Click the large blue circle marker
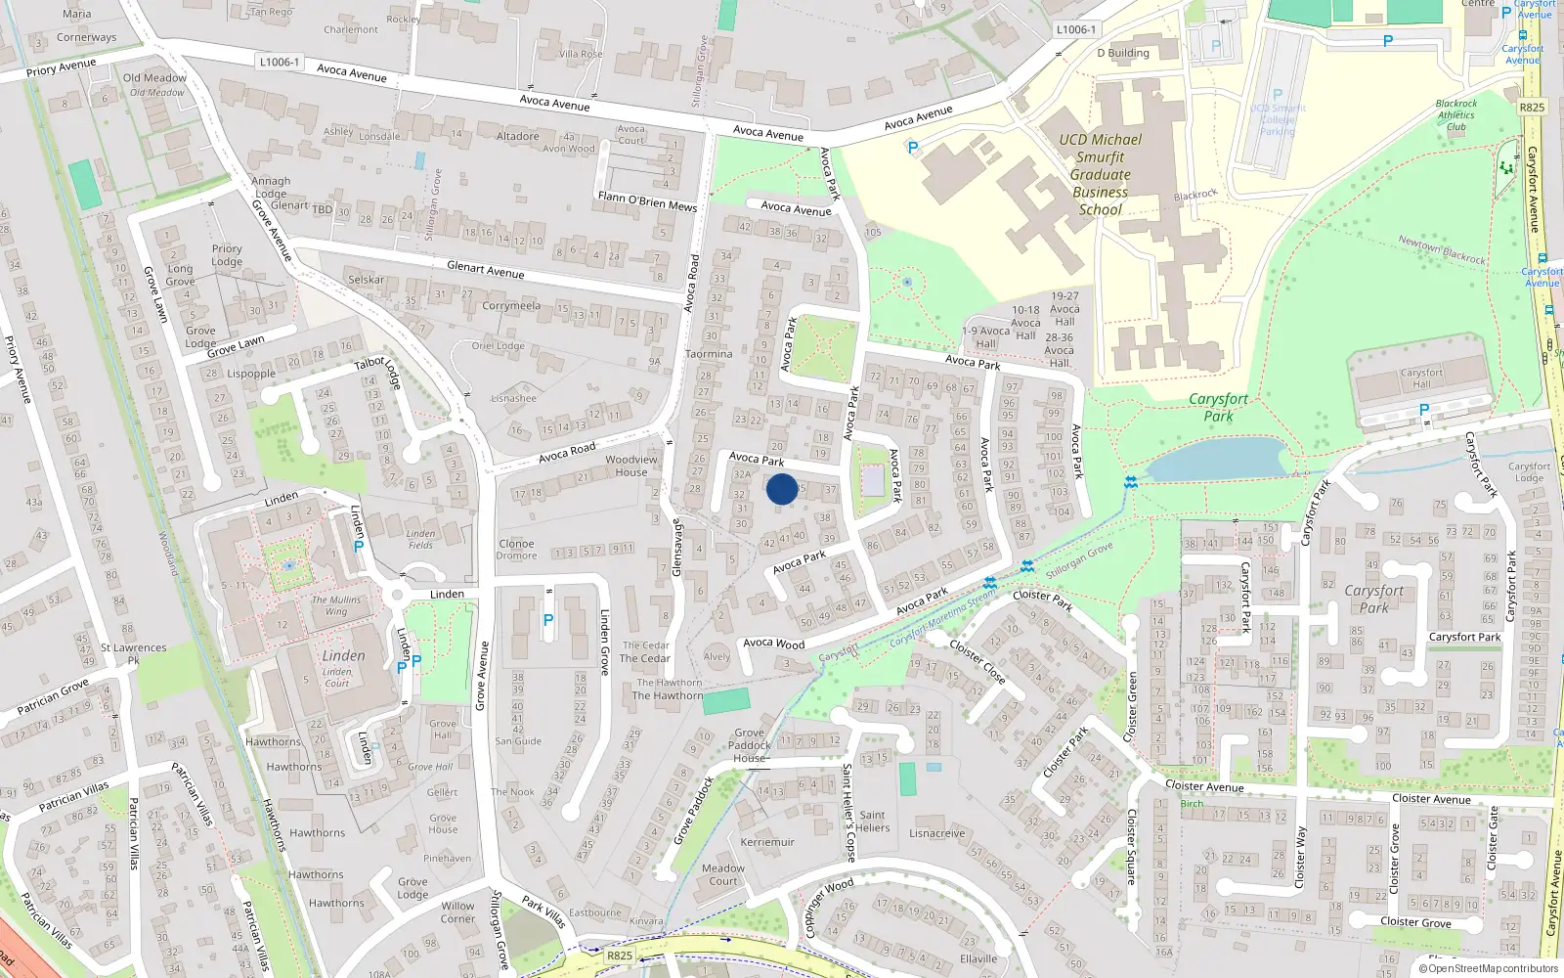782,489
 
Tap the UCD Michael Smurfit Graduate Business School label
1101,174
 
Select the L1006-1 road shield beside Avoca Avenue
280,62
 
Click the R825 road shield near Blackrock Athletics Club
1532,108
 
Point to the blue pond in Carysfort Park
1218,459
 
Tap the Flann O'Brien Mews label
647,200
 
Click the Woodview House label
631,466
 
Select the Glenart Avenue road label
486,269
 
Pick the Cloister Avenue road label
1204,786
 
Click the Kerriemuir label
767,842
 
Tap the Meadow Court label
723,874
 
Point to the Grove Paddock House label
750,745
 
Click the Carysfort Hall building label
1421,378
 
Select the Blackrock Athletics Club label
1456,115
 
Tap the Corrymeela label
511,306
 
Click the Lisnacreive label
936,833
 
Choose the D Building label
1123,53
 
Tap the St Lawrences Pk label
134,653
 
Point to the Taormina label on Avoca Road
709,354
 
